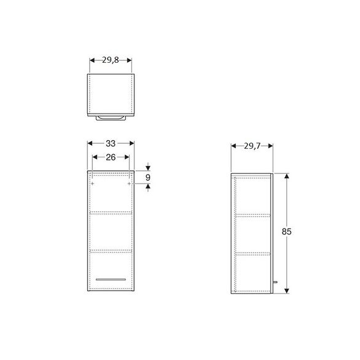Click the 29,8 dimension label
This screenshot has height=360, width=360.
[x=111, y=60]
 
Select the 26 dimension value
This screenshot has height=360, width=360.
[x=110, y=157]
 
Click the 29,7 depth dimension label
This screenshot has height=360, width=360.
[x=251, y=146]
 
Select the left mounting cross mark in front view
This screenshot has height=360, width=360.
[x=92, y=183]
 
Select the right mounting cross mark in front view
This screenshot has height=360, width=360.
[x=129, y=183]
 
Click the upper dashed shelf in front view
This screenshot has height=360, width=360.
[x=111, y=213]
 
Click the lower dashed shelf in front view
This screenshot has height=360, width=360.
[x=111, y=251]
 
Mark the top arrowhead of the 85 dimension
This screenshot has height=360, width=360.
[x=286, y=176]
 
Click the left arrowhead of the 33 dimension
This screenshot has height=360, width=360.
[x=90, y=143]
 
